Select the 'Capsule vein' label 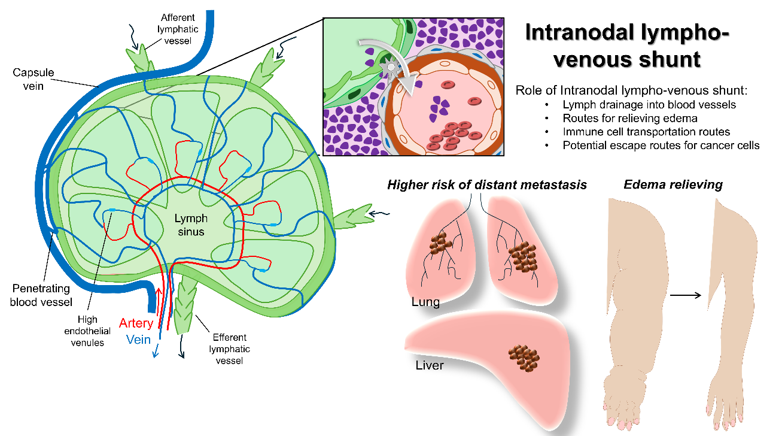click(x=34, y=78)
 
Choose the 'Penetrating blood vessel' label click(x=41, y=295)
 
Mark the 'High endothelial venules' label click(x=88, y=331)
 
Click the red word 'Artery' click(x=136, y=323)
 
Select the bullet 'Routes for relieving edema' click(x=630, y=118)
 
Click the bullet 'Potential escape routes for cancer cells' click(x=661, y=146)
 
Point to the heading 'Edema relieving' click(x=672, y=184)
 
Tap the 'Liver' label click(x=430, y=364)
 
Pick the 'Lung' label click(x=425, y=302)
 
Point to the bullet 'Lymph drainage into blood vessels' click(x=649, y=104)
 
